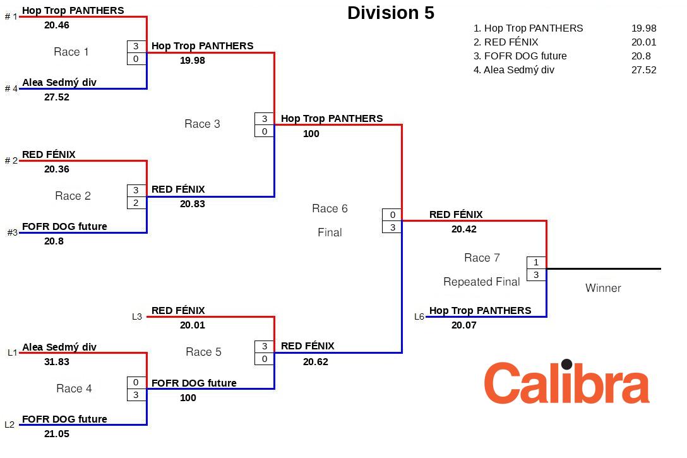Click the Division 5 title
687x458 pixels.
pyautogui.click(x=391, y=13)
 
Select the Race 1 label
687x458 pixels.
pyautogui.click(x=71, y=52)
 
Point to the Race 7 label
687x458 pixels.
pyautogui.click(x=482, y=258)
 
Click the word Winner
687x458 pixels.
pyautogui.click(x=603, y=288)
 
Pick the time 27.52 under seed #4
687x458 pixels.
pyautogui.click(x=57, y=97)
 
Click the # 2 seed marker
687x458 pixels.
pyautogui.click(x=11, y=160)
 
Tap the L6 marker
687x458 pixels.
pyautogui.click(x=419, y=316)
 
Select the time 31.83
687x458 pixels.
pyautogui.click(x=57, y=362)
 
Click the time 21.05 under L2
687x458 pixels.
pyautogui.click(x=57, y=434)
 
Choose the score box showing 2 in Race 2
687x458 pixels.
pyautogui.click(x=136, y=203)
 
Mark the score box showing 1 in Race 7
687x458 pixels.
pyautogui.click(x=536, y=262)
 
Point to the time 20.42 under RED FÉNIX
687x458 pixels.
pyautogui.click(x=464, y=229)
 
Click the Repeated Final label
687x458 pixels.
pyautogui.click(x=482, y=282)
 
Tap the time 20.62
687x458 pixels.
pyautogui.click(x=316, y=362)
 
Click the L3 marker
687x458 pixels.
pyautogui.click(x=137, y=316)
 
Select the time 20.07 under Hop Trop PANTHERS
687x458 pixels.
pyautogui.click(x=464, y=325)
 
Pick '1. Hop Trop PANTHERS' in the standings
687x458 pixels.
pyautogui.click(x=528, y=28)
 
